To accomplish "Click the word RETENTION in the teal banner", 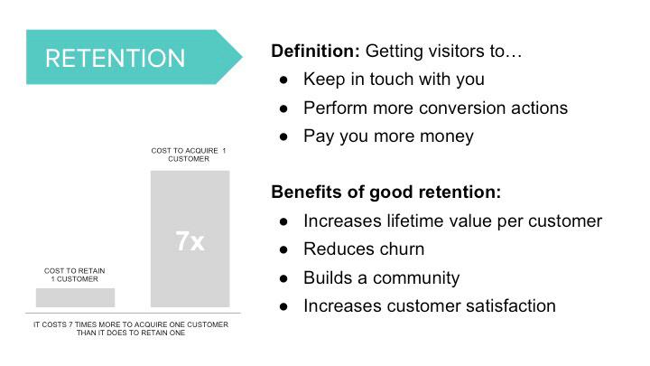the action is [115, 58].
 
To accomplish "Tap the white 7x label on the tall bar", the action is [190, 240].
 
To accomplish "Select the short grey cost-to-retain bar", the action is [76, 297].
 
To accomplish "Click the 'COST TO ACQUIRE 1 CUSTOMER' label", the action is [189, 155].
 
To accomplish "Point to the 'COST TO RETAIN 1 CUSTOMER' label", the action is [75, 275].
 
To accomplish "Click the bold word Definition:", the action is [315, 51].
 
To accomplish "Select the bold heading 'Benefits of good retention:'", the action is [386, 192].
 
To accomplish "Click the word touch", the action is [391, 79].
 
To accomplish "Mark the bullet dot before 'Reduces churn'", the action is [283, 249].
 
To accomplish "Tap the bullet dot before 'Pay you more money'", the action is [283, 137].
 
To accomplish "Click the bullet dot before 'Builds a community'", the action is [283, 278].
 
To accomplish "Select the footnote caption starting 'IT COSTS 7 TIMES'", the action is [131, 329].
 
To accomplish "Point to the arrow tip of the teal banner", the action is [242, 57].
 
